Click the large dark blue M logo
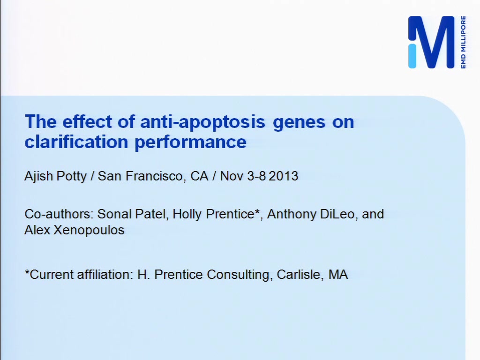pyautogui.click(x=431, y=42)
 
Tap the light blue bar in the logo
pyautogui.click(x=412, y=56)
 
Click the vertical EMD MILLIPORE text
pyautogui.click(x=463, y=42)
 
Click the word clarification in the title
pyautogui.click(x=76, y=142)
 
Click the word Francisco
pyautogui.click(x=154, y=176)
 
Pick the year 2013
pyautogui.click(x=284, y=176)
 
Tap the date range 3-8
pyautogui.click(x=257, y=176)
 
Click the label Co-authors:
pyautogui.click(x=59, y=214)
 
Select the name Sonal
pyautogui.click(x=114, y=214)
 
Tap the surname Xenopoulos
pyautogui.click(x=89, y=230)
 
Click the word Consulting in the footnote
pyautogui.click(x=240, y=275)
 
